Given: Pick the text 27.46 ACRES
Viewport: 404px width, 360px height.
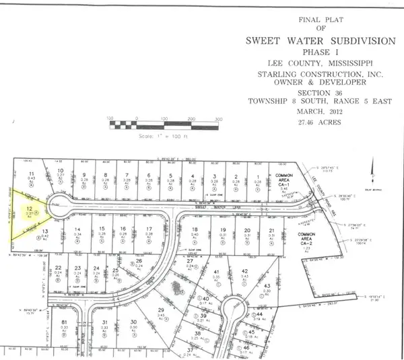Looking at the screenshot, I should coord(312,123).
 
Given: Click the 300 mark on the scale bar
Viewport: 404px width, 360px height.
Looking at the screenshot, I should coord(217,119).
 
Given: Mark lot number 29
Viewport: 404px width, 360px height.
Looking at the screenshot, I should coord(160,310).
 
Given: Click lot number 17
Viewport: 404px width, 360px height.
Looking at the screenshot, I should coord(148,229).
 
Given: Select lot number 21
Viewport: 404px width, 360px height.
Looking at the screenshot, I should coord(271,231).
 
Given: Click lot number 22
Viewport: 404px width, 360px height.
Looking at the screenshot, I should coord(59,268).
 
